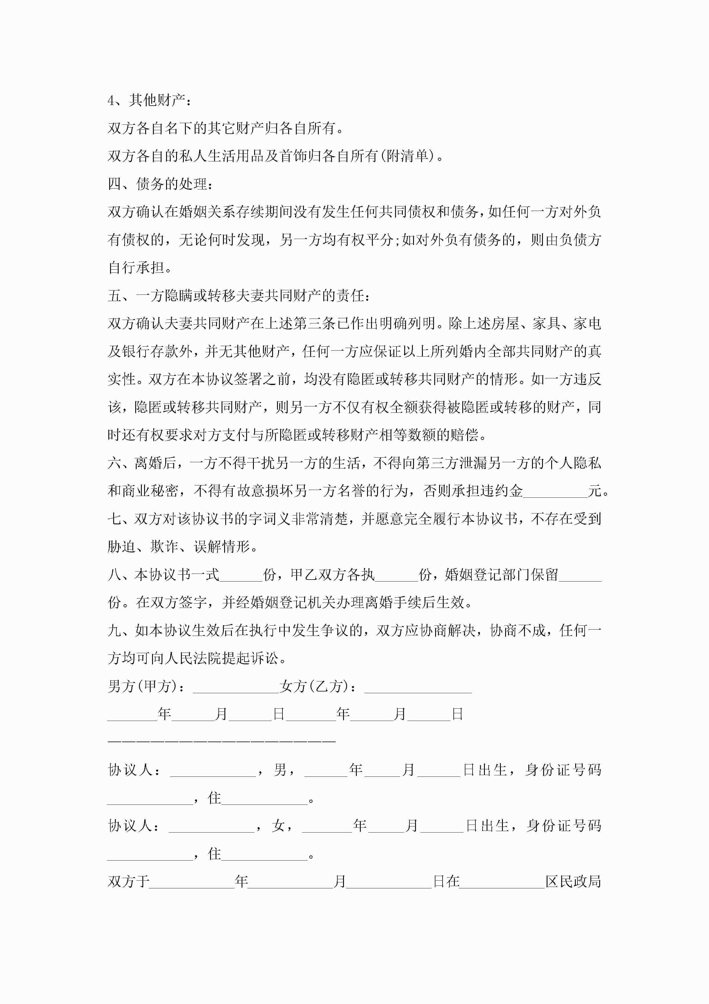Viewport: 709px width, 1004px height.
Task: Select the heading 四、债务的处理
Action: [x=160, y=184]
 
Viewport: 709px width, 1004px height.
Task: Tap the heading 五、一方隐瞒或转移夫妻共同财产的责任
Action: [x=239, y=296]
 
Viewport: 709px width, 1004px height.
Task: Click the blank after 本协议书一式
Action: [x=241, y=576]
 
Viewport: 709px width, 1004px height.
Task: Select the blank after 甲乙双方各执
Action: [x=397, y=576]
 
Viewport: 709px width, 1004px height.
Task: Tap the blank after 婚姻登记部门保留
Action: [x=580, y=576]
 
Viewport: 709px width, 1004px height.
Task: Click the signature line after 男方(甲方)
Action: [x=236, y=687]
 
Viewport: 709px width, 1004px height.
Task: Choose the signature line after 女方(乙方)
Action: [x=418, y=687]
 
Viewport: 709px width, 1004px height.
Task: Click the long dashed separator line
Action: [x=222, y=742]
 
